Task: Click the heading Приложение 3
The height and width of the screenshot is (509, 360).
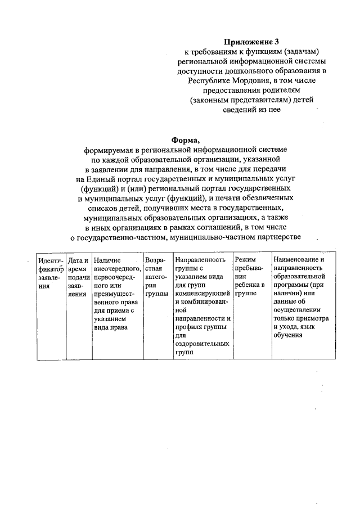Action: (x=251, y=42)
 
